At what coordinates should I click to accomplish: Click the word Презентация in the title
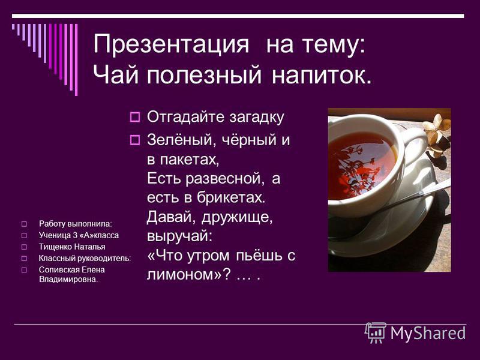point(171,44)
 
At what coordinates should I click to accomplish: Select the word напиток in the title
point(322,75)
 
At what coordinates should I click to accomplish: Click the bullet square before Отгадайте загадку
point(134,117)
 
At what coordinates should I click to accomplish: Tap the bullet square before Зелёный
point(134,140)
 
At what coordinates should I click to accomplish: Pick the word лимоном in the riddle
point(184,274)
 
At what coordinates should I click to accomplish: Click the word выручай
point(179,236)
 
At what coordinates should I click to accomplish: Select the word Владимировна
point(68,280)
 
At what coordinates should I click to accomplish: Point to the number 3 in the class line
point(75,235)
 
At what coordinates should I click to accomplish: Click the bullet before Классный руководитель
point(24,259)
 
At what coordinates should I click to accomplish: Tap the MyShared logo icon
point(376,333)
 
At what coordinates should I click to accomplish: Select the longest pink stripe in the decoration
point(76,59)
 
